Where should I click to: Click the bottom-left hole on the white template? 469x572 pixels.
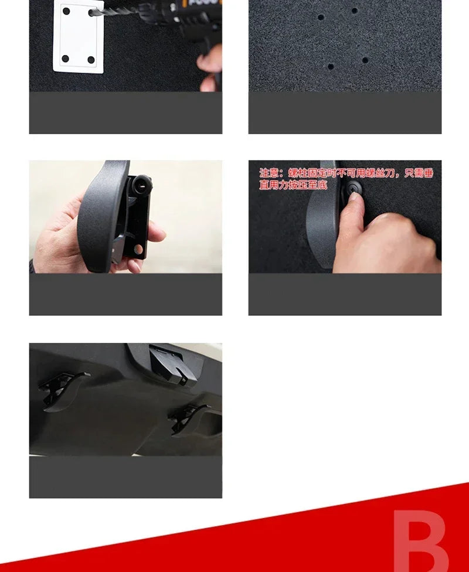point(65,59)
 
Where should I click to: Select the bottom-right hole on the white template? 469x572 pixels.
point(91,59)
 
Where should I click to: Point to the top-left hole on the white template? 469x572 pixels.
point(66,11)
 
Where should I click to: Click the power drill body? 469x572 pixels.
point(188,18)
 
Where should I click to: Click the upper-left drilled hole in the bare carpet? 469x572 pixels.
point(321,17)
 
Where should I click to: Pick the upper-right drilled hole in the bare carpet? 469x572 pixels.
point(354,11)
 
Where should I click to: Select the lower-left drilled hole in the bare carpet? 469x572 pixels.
point(331,66)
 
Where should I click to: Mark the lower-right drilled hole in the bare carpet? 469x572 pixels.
point(365,60)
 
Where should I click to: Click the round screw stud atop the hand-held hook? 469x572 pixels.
point(142,185)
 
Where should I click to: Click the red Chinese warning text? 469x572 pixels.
point(346,179)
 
